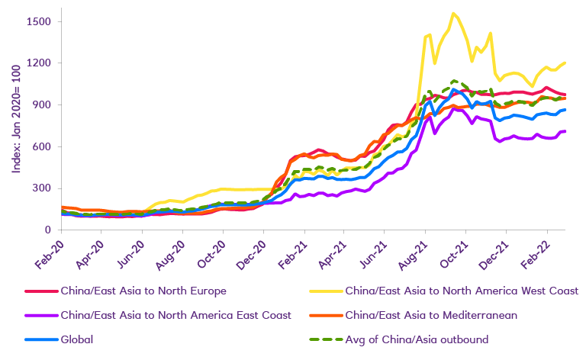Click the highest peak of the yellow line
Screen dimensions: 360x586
coord(454,13)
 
